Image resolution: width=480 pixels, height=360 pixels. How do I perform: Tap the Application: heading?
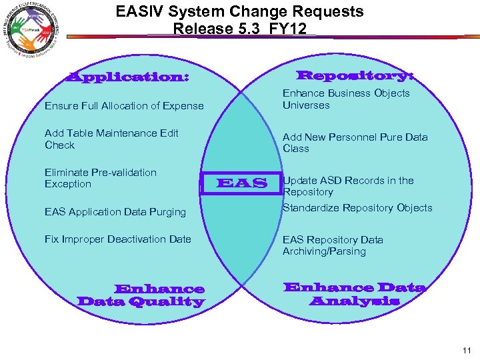(x=127, y=77)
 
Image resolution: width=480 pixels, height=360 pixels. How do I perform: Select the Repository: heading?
(x=355, y=76)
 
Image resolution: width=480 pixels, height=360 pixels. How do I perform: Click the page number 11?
(x=465, y=350)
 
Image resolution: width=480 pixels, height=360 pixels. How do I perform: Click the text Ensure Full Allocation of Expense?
(x=124, y=106)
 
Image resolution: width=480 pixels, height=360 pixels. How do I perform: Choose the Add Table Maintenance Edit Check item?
(x=111, y=139)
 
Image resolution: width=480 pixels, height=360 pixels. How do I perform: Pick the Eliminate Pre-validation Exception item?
(x=101, y=178)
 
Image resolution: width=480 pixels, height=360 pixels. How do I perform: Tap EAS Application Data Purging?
(x=115, y=212)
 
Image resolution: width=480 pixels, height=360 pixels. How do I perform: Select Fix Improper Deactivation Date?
(x=118, y=239)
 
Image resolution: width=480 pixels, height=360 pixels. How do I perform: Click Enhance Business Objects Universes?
(x=346, y=99)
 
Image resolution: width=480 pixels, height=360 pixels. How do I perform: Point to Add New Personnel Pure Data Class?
(x=355, y=143)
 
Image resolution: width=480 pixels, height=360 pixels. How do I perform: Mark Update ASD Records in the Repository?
(x=348, y=186)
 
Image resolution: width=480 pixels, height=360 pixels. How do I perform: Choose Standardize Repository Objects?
(x=357, y=208)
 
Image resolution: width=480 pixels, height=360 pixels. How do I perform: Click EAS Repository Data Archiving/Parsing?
(x=333, y=245)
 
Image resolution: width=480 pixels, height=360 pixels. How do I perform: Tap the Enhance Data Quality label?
(x=141, y=295)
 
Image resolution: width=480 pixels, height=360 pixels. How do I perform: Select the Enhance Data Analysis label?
(x=354, y=294)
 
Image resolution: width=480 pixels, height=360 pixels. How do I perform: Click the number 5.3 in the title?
(x=251, y=29)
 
